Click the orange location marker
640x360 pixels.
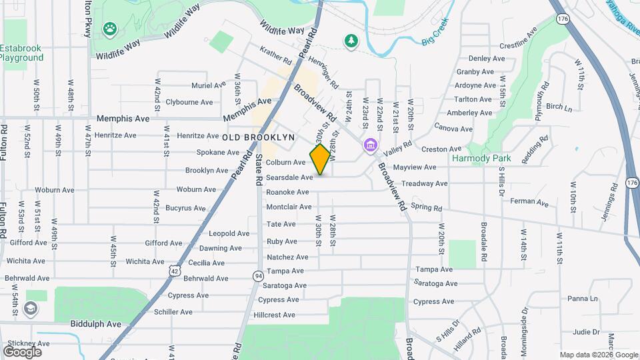[320, 159]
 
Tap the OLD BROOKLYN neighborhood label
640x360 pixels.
[258, 137]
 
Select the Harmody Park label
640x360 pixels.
[481, 159]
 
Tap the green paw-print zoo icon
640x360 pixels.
[109, 29]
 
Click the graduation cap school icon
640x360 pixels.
[31, 308]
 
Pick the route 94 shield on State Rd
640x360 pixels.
[257, 275]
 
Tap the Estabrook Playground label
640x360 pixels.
[21, 53]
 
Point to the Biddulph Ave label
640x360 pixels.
[96, 324]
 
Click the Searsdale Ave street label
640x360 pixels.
[289, 177]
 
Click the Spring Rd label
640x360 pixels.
[427, 207]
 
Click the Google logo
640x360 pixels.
[22, 352]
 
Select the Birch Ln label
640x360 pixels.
[559, 107]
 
